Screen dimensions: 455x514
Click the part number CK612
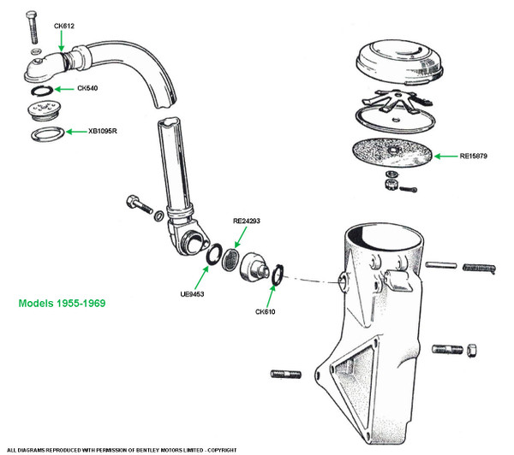tap(64, 26)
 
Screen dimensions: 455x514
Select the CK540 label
tap(88, 88)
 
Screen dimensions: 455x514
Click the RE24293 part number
tap(246, 221)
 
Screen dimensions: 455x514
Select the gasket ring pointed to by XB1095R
tap(46, 133)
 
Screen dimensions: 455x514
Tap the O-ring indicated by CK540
tap(39, 90)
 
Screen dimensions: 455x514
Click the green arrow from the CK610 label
tap(271, 291)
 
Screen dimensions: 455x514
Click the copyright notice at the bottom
tap(123, 449)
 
